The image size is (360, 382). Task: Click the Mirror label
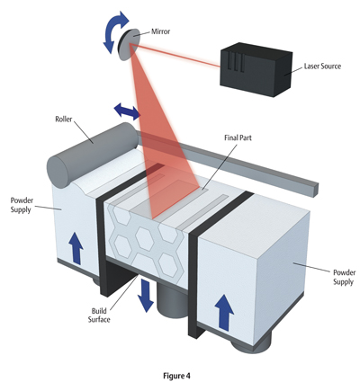click(x=160, y=31)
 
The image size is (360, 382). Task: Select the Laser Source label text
click(x=322, y=66)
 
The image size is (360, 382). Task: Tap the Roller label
click(x=64, y=119)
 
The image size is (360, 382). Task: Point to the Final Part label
click(x=238, y=138)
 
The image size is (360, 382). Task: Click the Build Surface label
click(x=99, y=315)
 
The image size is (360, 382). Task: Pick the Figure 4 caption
click(x=176, y=376)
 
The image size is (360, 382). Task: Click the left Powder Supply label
click(x=22, y=205)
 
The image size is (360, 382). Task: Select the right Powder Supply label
click(x=344, y=277)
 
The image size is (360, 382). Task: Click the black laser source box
click(x=256, y=69)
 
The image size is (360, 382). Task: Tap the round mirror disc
click(x=130, y=45)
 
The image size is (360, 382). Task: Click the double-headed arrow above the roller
click(x=127, y=111)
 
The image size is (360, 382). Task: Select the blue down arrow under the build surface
click(x=146, y=295)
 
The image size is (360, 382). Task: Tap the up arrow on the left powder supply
click(x=76, y=248)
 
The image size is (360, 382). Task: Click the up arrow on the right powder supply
click(x=224, y=313)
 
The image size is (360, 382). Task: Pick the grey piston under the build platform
click(x=172, y=303)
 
